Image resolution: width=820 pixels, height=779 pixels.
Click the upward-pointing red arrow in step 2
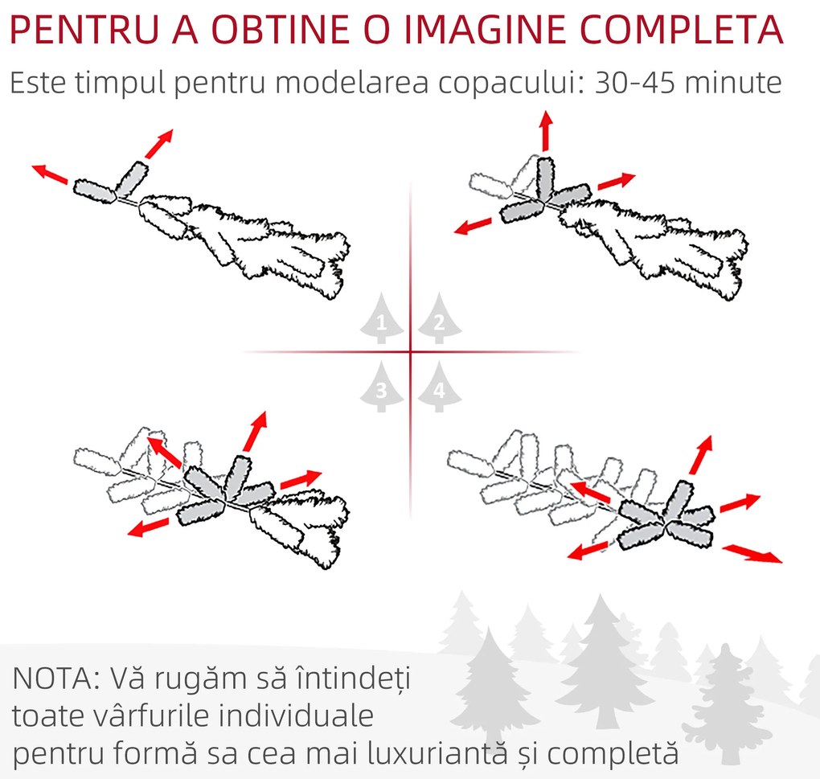point(547,131)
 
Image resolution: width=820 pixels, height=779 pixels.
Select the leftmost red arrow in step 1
point(50,174)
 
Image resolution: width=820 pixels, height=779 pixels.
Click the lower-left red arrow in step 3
point(149,527)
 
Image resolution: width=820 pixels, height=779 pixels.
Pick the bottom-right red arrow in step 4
point(752,553)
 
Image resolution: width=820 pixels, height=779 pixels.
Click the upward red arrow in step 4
point(701,454)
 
